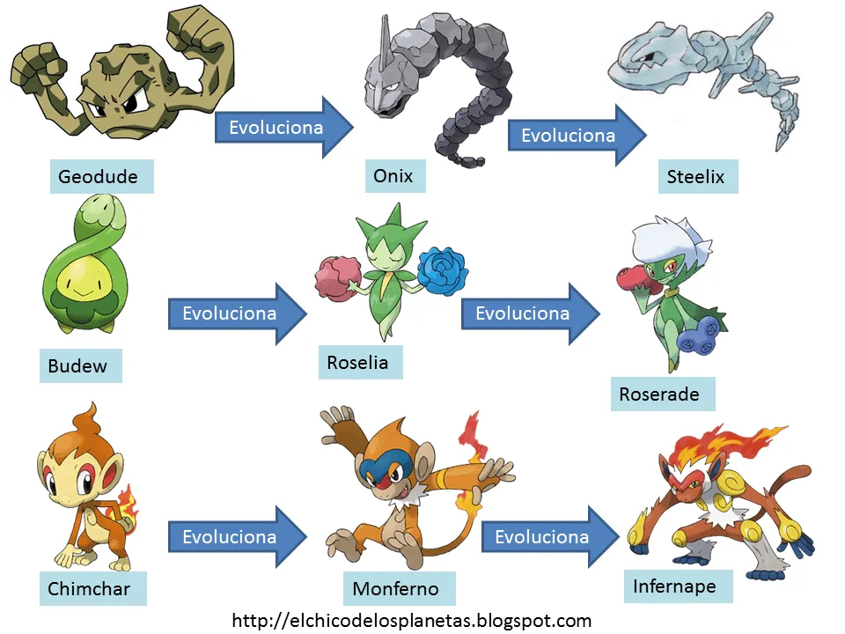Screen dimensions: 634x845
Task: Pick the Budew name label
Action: [80, 365]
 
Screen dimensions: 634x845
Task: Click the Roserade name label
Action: [662, 394]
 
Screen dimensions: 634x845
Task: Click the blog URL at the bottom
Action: [411, 621]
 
